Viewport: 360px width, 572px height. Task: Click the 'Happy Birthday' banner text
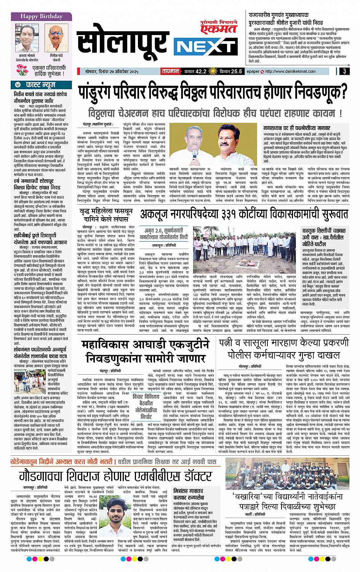pos(37,16)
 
